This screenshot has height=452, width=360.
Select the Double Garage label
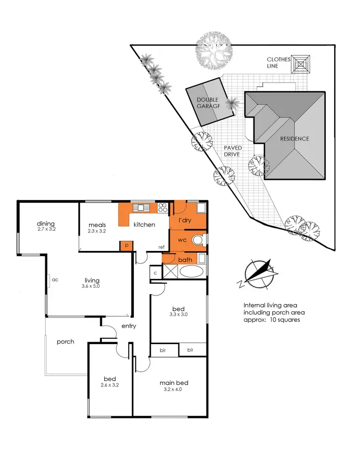coord(208,104)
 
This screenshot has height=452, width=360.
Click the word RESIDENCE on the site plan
coord(295,139)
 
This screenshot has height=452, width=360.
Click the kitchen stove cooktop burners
coord(162,208)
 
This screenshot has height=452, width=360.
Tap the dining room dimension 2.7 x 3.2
coord(47,230)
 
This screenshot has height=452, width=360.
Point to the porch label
coord(65,342)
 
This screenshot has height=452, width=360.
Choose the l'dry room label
coord(185,220)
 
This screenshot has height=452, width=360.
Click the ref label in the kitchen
coord(162,247)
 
